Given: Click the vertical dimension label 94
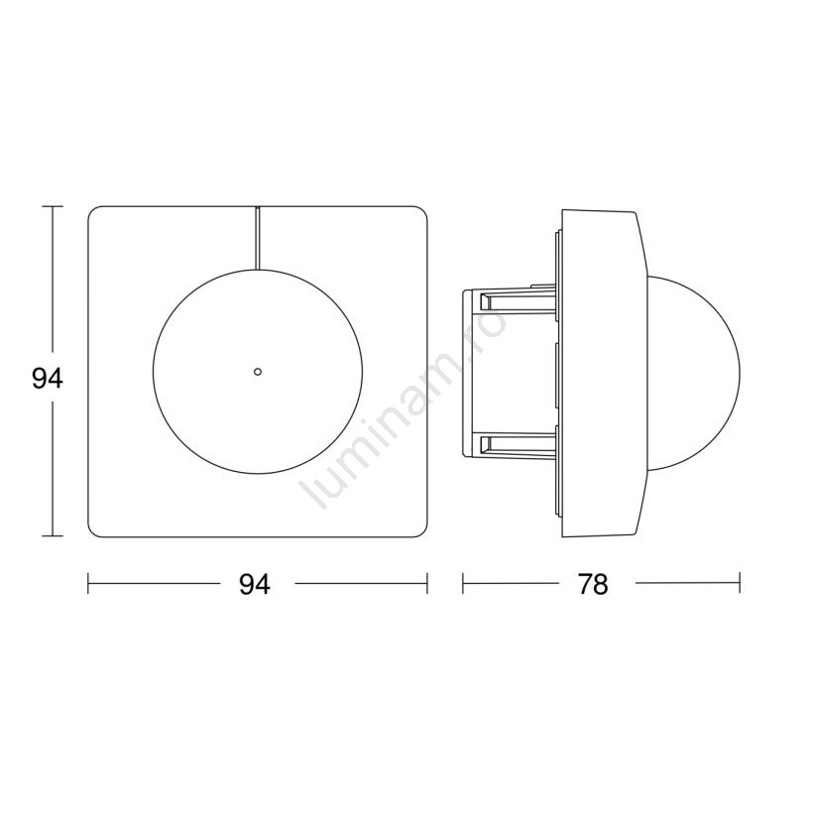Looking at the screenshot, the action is coord(48,378).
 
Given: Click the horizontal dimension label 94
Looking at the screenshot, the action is coord(255,585).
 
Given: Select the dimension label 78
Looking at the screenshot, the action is coord(593,585).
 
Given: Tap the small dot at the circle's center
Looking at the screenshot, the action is coord(258,371).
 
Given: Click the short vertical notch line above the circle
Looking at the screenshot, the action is coord(257,239).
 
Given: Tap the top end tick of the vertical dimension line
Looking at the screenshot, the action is coord(52,206).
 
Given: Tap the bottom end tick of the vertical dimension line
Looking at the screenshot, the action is coord(52,536).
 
